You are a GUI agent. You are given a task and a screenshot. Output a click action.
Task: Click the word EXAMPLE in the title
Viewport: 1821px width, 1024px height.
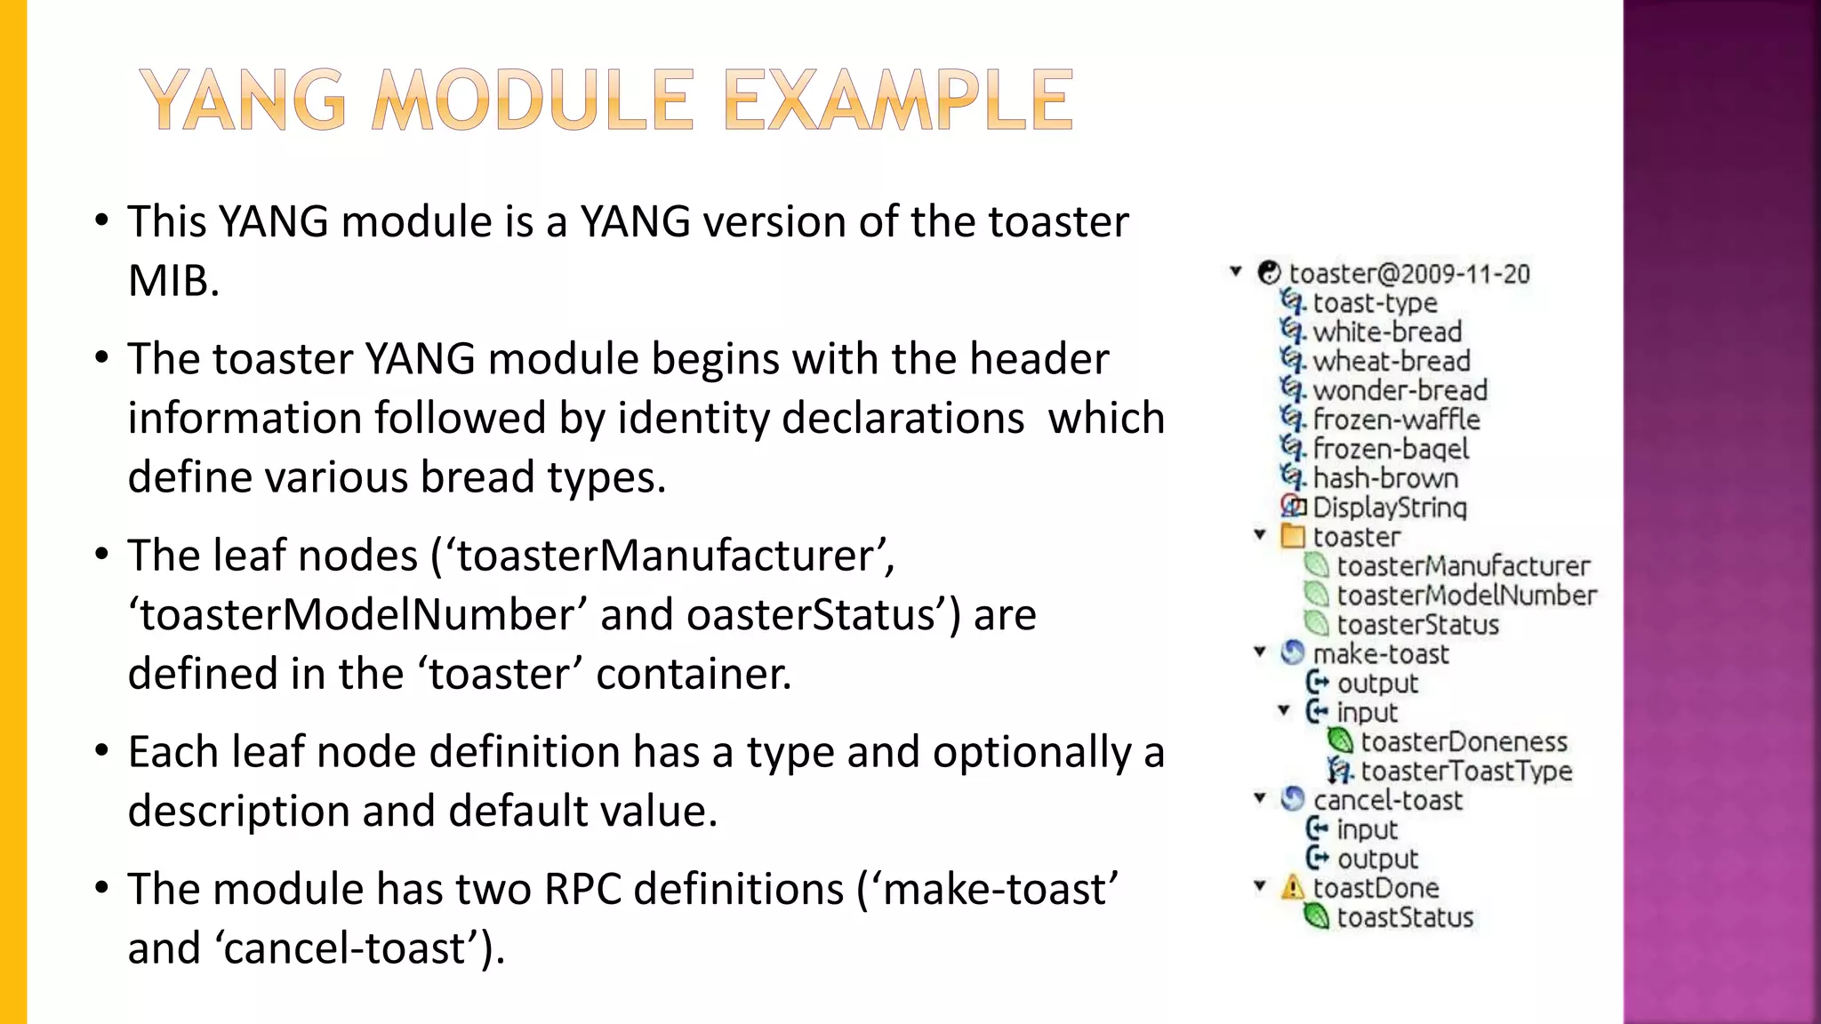click(898, 100)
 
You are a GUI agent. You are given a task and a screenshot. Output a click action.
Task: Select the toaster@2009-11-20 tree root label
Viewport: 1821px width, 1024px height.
click(1409, 274)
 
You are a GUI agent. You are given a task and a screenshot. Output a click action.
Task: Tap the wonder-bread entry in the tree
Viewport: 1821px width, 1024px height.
click(1400, 390)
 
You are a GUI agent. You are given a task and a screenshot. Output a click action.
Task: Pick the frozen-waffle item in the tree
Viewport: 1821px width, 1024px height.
click(1396, 420)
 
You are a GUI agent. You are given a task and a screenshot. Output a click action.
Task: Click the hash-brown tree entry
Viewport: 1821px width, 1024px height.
click(1385, 478)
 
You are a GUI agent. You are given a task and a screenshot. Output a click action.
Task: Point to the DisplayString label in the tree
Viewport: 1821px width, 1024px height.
click(1389, 508)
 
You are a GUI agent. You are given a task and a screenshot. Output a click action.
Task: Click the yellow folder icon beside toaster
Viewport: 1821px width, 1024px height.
click(1293, 537)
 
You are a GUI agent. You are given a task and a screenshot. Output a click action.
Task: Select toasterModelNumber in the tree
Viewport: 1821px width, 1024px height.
click(1466, 596)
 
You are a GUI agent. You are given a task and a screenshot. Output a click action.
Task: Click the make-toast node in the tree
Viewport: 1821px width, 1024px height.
click(1380, 654)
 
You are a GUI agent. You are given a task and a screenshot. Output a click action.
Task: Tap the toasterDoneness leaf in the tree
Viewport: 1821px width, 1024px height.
click(1464, 741)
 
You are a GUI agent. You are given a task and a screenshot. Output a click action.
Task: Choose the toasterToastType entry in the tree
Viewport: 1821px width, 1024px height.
click(1465, 771)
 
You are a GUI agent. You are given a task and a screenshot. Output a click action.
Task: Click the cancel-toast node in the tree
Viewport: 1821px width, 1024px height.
click(1387, 800)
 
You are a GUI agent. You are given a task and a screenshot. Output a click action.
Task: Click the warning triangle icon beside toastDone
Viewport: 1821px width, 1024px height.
click(1293, 887)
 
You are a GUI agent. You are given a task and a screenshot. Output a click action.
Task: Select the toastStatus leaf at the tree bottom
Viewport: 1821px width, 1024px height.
click(1405, 917)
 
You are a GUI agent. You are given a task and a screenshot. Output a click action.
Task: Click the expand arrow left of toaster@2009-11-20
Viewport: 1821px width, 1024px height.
click(1236, 272)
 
